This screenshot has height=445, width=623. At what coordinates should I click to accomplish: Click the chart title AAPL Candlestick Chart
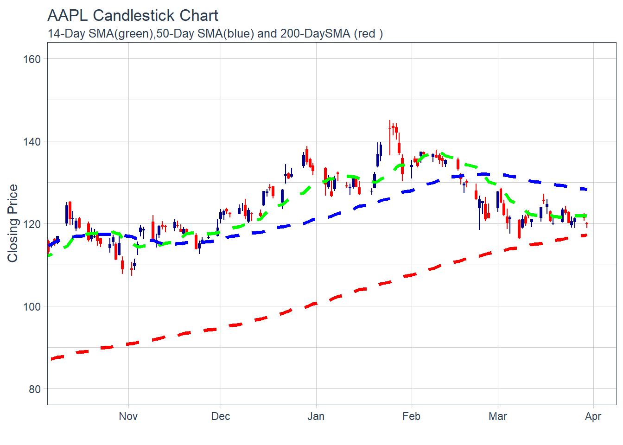coord(133,16)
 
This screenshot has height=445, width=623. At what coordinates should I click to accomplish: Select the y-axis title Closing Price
coord(13,223)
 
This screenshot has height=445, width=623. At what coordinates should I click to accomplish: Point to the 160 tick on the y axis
coord(32,59)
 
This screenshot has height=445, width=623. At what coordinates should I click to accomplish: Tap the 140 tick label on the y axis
coord(32,142)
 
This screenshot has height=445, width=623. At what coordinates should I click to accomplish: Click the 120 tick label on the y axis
coord(32,224)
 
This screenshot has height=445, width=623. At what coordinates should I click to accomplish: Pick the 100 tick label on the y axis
coord(32,307)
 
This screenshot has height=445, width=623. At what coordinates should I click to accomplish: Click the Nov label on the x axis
coord(128,416)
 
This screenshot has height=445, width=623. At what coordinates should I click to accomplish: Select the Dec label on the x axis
coord(220,416)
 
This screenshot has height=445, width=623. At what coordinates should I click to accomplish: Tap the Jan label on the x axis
coord(316,416)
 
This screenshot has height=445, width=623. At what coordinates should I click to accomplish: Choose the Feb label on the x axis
coord(411,416)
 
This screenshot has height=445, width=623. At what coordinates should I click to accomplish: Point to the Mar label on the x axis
coord(497,416)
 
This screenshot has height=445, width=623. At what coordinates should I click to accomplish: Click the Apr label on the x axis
coord(593,416)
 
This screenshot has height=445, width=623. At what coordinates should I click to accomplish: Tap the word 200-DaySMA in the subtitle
coord(315,34)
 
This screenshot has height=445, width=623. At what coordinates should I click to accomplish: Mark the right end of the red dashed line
coord(586,235)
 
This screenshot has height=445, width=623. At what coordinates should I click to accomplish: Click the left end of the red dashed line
coord(52,359)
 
